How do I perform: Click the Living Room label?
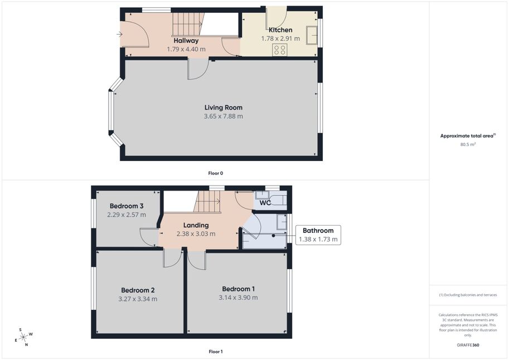224,108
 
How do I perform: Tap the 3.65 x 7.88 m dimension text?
224,116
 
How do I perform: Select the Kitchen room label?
280,30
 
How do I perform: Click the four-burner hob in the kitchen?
280,50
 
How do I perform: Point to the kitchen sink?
312,35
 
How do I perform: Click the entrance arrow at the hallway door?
119,34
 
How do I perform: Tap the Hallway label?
186,41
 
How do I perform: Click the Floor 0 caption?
216,173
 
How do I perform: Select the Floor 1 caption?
216,352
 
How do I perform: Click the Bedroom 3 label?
127,206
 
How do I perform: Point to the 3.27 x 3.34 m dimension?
138,299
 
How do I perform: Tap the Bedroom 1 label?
238,289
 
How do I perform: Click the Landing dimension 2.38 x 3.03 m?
196,233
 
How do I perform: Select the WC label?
265,203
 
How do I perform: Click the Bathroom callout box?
318,235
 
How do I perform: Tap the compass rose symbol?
23,337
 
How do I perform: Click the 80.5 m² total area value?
468,144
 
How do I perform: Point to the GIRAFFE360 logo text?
468,345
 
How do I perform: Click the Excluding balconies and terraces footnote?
468,295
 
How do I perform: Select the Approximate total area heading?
468,135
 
